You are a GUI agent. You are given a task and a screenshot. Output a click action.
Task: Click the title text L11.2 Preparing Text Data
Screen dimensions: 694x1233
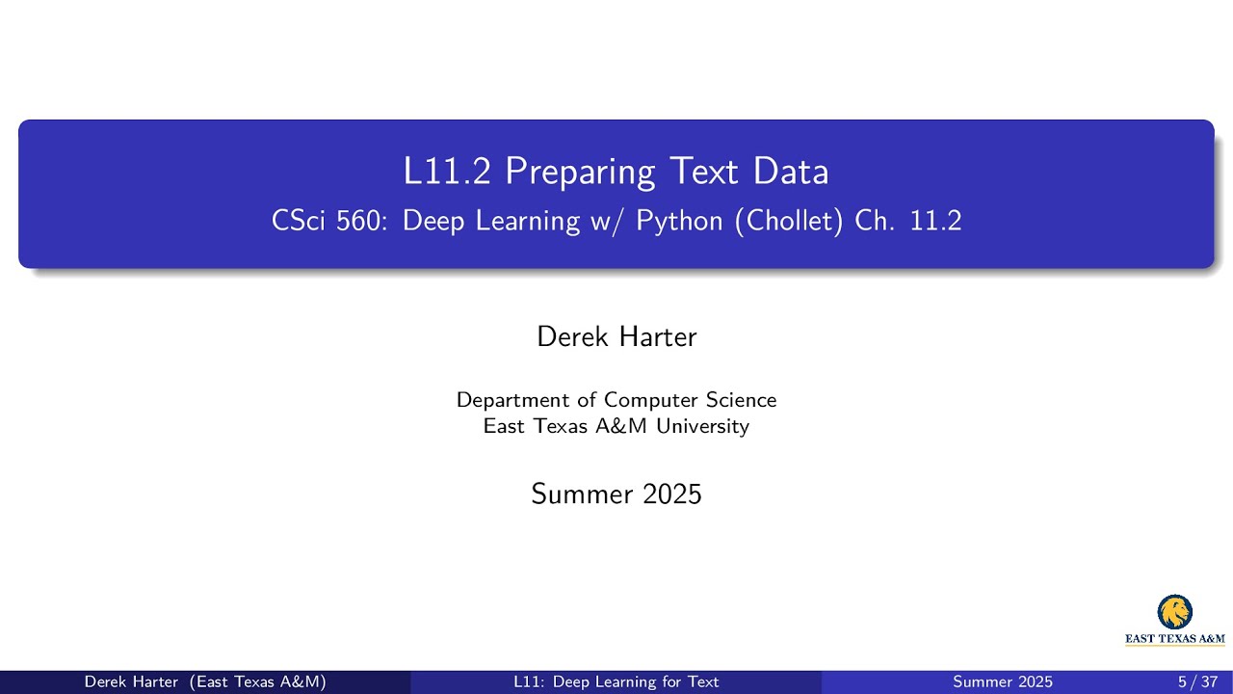pos(616,172)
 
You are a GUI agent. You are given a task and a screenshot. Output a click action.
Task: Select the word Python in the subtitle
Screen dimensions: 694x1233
pos(679,222)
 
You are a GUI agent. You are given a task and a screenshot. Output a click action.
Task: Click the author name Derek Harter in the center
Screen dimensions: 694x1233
pos(616,336)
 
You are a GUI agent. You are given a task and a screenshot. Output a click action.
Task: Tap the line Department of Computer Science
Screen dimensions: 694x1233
pos(616,400)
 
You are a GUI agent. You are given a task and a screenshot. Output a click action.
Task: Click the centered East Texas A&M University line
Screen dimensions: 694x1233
pos(616,426)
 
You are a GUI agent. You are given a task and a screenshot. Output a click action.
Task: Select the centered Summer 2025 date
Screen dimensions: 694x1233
pos(616,494)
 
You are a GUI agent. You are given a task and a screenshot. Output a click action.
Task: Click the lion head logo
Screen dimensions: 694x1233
pos(1174,612)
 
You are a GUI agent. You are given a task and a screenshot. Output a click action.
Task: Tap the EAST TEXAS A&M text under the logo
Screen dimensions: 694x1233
pos(1175,638)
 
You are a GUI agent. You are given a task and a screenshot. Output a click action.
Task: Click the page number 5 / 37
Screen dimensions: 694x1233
pos(1197,682)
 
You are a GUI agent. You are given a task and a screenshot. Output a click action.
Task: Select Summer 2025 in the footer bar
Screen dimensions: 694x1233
pos(1003,682)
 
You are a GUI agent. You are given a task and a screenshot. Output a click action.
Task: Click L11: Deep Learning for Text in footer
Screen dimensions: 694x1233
pos(616,682)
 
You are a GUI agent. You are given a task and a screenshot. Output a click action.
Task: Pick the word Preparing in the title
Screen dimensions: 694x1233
pos(580,173)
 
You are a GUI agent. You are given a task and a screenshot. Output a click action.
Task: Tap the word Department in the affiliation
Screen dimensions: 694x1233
pos(511,400)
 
